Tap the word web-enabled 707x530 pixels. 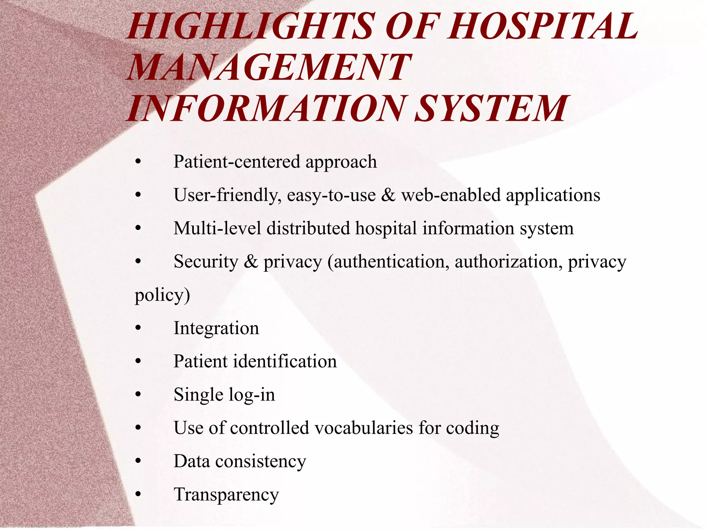click(451, 195)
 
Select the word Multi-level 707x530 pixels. click(217, 228)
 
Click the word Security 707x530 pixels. click(206, 261)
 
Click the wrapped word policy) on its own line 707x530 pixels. click(162, 295)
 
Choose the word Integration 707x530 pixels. click(216, 328)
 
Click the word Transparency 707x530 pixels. click(226, 495)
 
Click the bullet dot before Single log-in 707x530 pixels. click(138, 395)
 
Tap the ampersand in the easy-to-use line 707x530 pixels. click(388, 195)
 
